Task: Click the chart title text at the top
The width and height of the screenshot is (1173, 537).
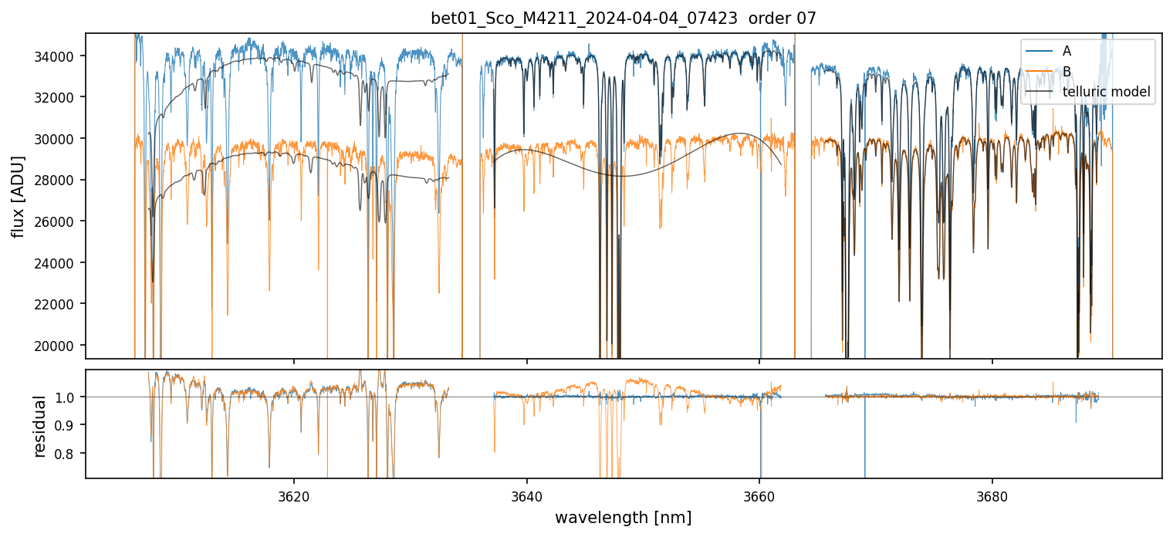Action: (x=623, y=19)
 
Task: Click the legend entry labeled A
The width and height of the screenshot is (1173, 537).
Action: (x=1067, y=51)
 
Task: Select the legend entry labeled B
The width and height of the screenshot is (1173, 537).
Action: (x=1067, y=72)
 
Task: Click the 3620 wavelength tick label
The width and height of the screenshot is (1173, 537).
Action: (x=293, y=495)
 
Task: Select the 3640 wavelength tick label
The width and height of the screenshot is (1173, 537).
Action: (x=526, y=495)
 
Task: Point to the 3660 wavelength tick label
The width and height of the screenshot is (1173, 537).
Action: (x=759, y=495)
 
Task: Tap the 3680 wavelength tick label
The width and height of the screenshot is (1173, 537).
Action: (x=992, y=495)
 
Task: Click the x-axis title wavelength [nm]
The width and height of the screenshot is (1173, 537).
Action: (x=623, y=517)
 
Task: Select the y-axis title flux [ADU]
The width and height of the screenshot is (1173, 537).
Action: (x=17, y=196)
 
